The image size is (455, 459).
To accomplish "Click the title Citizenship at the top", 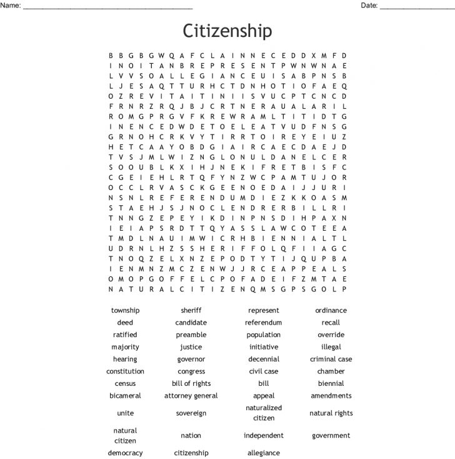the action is click(x=227, y=31).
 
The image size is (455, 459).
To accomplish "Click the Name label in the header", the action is click(x=12, y=6).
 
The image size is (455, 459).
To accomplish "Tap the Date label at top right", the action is click(x=369, y=6).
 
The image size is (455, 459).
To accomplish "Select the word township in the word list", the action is click(x=125, y=310).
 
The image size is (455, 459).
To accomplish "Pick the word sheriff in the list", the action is click(x=191, y=310).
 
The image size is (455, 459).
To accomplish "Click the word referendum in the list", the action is click(x=263, y=323).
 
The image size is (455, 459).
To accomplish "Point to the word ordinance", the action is click(x=331, y=310).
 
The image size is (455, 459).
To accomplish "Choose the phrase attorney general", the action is click(x=191, y=396).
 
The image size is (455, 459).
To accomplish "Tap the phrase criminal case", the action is click(x=331, y=360).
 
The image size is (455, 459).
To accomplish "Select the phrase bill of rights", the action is click(x=191, y=383).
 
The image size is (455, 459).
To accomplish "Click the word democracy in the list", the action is click(x=125, y=453).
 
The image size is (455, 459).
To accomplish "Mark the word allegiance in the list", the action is click(x=263, y=453).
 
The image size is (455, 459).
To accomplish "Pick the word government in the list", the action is click(x=331, y=435).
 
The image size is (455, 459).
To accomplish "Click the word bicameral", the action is click(x=125, y=396).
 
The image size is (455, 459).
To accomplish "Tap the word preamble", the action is click(x=191, y=335).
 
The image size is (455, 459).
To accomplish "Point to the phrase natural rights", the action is click(x=331, y=413).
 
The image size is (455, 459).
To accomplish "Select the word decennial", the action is click(x=263, y=360).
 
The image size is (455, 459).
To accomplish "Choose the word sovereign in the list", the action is click(x=191, y=413).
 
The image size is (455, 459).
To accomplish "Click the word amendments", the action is click(x=331, y=396).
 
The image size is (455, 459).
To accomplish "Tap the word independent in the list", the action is click(x=263, y=435).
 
